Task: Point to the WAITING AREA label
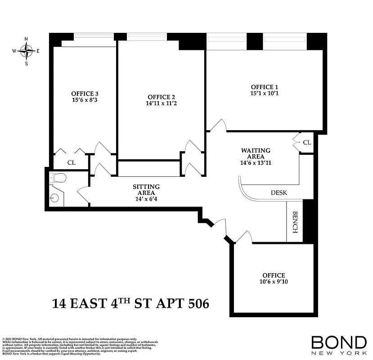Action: coord(256,150)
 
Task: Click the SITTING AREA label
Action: coord(146,186)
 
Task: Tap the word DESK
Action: coord(279,193)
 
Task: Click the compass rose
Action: coord(27,51)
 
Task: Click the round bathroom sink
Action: coord(55,198)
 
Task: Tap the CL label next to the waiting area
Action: coord(306,143)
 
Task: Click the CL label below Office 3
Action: coord(71,162)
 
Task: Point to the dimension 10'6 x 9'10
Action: coord(274,282)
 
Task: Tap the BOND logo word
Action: coord(339,342)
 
